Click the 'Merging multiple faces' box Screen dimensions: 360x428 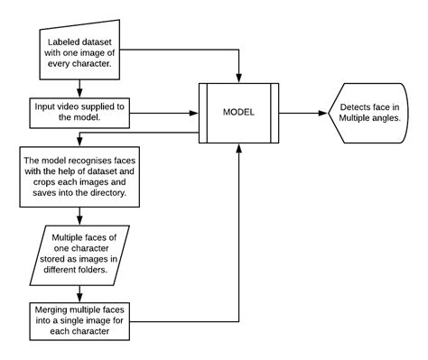[x=80, y=321]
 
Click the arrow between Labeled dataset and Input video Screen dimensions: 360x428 [x=80, y=88]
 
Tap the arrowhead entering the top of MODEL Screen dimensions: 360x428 [x=238, y=78]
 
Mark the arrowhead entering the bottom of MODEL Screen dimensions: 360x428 [x=238, y=150]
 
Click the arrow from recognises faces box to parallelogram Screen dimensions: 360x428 [x=80, y=217]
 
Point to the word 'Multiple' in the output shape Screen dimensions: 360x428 [x=358, y=120]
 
